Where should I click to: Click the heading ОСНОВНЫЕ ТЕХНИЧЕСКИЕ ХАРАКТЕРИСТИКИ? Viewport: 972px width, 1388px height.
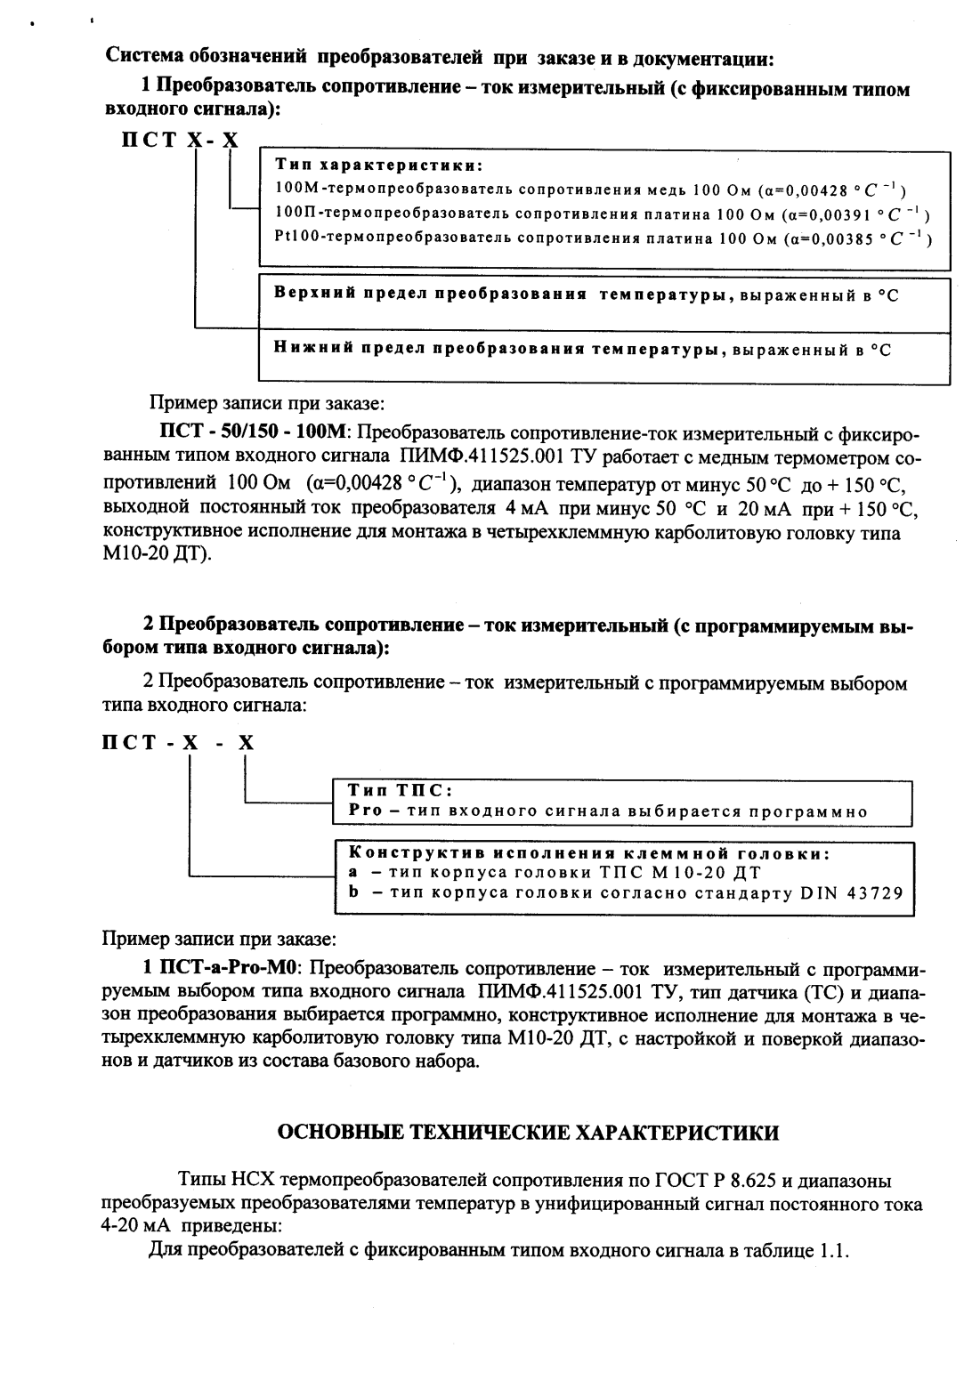pyautogui.click(x=529, y=1133)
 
